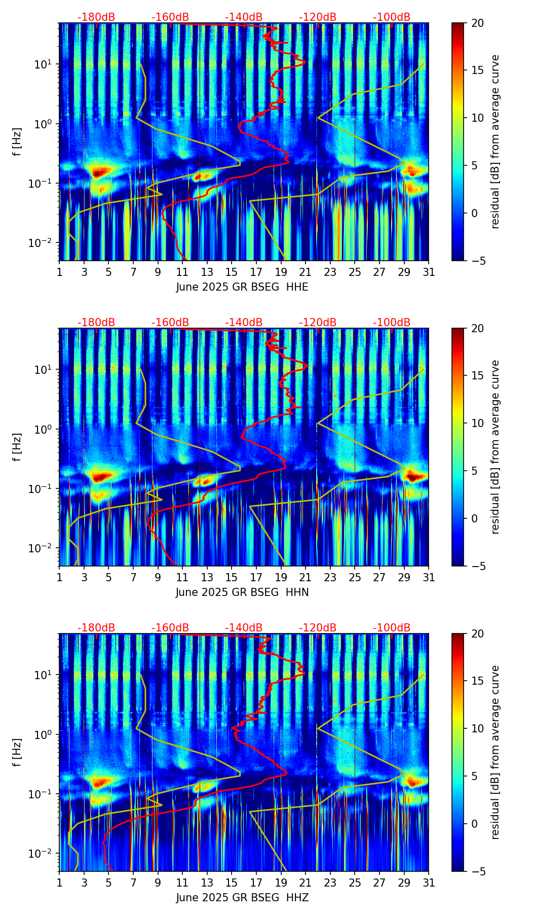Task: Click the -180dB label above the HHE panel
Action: (x=96, y=17)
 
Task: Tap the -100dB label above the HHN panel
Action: (x=392, y=323)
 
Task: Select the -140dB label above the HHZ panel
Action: (x=244, y=628)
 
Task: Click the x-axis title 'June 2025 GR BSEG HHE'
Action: (x=242, y=287)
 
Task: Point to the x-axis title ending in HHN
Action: (x=242, y=592)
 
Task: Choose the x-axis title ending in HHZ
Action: (x=242, y=898)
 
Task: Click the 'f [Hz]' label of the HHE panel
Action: (x=17, y=142)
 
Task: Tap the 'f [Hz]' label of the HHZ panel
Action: (x=17, y=752)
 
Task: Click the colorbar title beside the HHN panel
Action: (x=495, y=447)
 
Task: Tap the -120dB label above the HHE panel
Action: (x=318, y=17)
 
